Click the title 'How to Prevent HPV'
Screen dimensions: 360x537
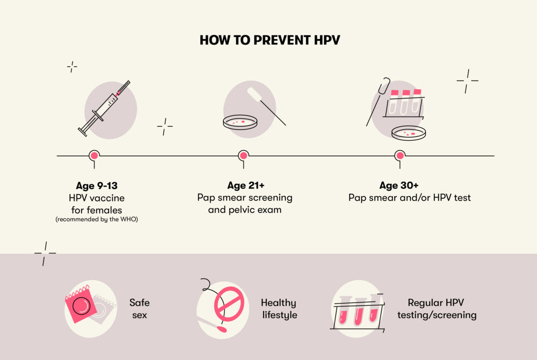[270, 40]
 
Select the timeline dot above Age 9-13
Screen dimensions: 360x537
[95, 155]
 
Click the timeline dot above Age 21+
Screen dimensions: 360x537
[243, 155]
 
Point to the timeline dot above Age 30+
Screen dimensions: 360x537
[400, 155]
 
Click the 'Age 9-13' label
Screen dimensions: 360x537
[97, 186]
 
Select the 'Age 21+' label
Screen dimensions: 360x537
[245, 186]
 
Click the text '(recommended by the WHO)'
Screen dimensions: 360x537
[97, 219]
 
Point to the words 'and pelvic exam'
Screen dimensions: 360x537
[245, 210]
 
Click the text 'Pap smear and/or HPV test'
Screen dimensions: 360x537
[409, 198]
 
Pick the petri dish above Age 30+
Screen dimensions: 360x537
[408, 132]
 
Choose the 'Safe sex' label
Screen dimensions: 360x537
[139, 309]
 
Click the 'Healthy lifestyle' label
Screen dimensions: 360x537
[279, 309]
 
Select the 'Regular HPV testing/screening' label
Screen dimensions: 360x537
[436, 309]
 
